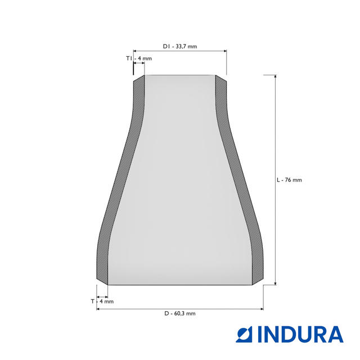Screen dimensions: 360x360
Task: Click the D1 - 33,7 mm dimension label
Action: click(x=180, y=46)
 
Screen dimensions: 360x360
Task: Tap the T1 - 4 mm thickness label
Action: click(x=139, y=58)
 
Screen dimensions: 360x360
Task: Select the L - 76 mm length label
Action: click(x=289, y=180)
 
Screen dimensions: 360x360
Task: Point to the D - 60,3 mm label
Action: click(x=180, y=313)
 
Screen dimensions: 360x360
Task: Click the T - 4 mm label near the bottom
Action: click(x=102, y=301)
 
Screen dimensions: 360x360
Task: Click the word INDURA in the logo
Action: click(x=300, y=335)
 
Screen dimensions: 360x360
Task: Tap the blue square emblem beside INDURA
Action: click(x=244, y=335)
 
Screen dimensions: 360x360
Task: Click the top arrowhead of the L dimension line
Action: click(x=275, y=76)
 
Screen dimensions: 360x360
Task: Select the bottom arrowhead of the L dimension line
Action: click(x=275, y=283)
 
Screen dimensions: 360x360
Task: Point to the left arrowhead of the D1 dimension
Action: click(x=135, y=51)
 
